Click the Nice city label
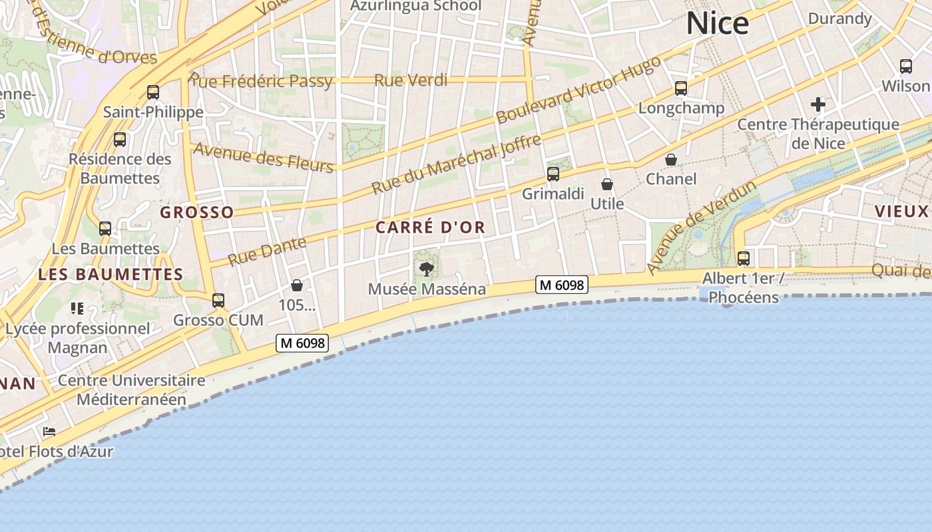[x=717, y=24]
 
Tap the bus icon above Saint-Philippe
[x=153, y=92]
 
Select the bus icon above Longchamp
[x=680, y=88]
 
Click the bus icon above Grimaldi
[x=553, y=174]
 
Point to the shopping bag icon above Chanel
[x=671, y=160]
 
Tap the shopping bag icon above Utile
[x=606, y=184]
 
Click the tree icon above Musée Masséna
[x=427, y=269]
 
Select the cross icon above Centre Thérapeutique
[x=818, y=104]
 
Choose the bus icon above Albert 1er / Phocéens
[x=743, y=259]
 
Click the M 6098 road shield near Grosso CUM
[x=303, y=343]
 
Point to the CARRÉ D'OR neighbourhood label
[x=430, y=227]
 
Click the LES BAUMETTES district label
[x=111, y=274]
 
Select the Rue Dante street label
[x=267, y=251]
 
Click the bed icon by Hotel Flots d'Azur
[x=49, y=432]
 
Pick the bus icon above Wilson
[x=905, y=66]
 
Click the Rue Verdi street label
[x=410, y=80]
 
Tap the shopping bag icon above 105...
[x=297, y=285]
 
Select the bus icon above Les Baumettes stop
[x=105, y=229]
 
